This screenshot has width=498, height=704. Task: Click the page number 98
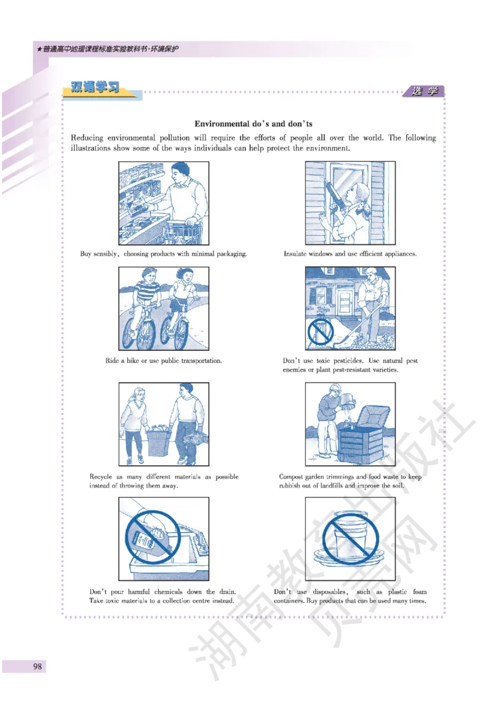coord(37,666)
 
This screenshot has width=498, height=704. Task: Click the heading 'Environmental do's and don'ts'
coord(253,124)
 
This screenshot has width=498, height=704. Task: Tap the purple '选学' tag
coord(425,91)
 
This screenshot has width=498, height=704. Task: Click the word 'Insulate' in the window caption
coord(295,254)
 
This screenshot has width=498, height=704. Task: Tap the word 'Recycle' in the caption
coord(101,477)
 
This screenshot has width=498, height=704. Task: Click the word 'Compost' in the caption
coord(290,477)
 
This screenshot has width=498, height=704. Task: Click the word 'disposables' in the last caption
coord(330,592)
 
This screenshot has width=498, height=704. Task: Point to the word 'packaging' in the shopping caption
coord(232,254)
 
